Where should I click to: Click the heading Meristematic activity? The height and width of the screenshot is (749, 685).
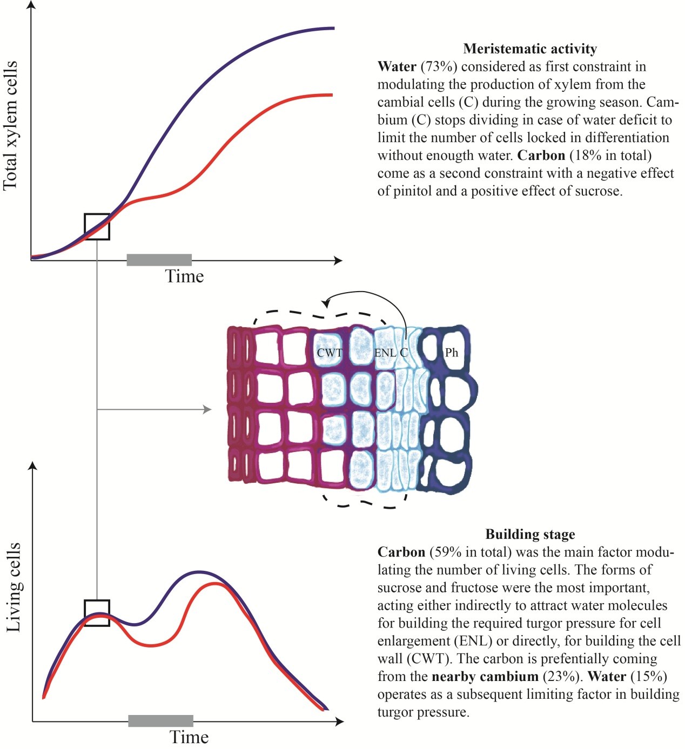pos(529,49)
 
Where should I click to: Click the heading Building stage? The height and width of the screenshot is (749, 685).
pos(529,535)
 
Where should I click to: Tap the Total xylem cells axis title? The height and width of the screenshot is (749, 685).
pos(11,125)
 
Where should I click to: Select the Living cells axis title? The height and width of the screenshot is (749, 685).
pos(13,587)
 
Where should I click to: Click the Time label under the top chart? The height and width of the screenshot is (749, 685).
pos(184,276)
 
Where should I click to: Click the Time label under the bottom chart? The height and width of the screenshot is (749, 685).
pos(189,737)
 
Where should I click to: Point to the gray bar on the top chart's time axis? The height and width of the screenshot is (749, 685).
pos(159,260)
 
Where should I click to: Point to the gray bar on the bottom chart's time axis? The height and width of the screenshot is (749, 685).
pos(160,720)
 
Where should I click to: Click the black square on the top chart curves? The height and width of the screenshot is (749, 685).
pos(97,227)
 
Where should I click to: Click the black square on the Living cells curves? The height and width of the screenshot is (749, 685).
pos(97,613)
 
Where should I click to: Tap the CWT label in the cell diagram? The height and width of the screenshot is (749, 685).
pos(330,353)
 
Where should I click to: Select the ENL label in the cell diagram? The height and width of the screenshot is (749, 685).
pos(385,353)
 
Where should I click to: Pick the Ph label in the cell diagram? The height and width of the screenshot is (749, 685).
pos(452,353)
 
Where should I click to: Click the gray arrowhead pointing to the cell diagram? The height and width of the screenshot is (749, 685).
pos(207,409)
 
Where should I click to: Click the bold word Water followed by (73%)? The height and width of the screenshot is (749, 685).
pos(397,67)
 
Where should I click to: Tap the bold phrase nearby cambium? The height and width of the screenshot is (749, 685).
pos(485,677)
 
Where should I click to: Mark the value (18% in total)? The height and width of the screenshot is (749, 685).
pos(610,156)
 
